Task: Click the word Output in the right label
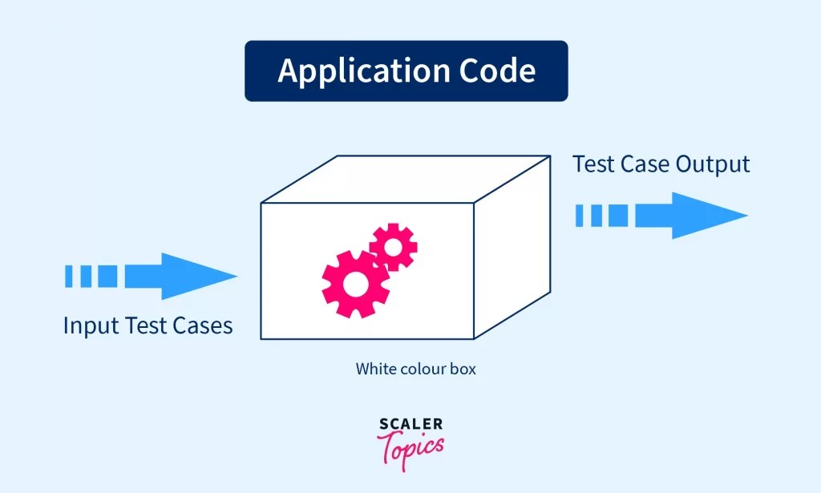coord(712,164)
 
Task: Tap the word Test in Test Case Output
coord(593,164)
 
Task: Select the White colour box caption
coord(416,370)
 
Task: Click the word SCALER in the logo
coord(410,425)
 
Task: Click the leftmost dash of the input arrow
coord(68,277)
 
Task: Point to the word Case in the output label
coord(645,164)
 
